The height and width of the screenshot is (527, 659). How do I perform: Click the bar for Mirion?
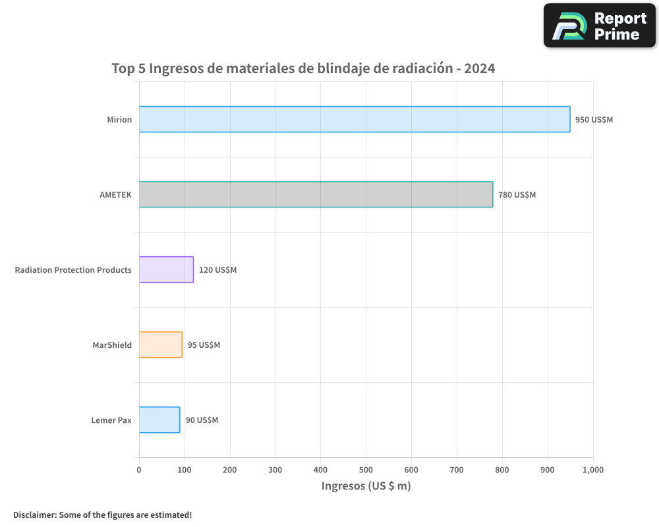coord(355,119)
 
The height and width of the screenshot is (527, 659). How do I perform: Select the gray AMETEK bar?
coord(316,194)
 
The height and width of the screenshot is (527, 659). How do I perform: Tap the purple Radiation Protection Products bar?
coord(166,269)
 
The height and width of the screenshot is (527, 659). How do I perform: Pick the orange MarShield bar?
coord(160,345)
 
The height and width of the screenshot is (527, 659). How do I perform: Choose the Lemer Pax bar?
coord(159,420)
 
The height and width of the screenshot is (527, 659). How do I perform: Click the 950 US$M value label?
coord(594,120)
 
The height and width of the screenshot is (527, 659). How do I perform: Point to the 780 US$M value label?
coord(517,195)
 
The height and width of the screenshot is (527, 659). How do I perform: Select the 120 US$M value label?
coord(217,270)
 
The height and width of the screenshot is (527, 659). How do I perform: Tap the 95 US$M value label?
coord(204,345)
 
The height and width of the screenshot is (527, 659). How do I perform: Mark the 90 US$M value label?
coord(202,420)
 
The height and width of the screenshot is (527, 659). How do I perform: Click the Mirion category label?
coord(119,120)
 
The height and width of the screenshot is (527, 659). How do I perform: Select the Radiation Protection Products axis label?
coord(73,270)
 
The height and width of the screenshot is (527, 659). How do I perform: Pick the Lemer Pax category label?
coord(111,420)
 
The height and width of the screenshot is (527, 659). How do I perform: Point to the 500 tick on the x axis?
coord(366,470)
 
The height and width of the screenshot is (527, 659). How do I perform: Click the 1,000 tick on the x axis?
coord(592,470)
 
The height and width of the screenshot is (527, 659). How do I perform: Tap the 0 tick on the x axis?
coord(139,470)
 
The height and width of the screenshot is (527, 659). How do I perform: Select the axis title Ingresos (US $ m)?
coord(366,486)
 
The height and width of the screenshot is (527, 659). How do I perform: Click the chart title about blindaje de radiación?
coord(303,69)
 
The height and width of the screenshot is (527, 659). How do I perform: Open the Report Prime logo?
coord(600,26)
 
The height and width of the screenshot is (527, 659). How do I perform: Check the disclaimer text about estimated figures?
coord(103,514)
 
